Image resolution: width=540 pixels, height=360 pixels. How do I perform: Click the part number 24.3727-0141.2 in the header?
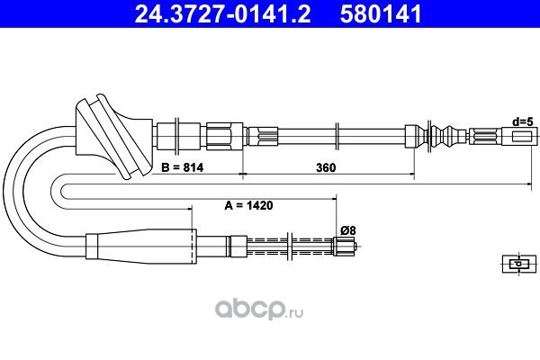click(222, 14)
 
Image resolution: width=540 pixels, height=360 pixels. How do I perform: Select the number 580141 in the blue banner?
click(381, 14)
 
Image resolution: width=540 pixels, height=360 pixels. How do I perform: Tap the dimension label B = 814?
click(182, 167)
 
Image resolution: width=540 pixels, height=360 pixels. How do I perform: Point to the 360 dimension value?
click(326, 167)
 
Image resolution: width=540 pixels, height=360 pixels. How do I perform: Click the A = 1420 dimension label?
click(248, 205)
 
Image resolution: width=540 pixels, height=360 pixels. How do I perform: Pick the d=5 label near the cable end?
click(523, 121)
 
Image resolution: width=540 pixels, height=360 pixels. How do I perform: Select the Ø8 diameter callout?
click(347, 230)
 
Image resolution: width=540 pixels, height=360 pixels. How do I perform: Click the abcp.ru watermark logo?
click(259, 309)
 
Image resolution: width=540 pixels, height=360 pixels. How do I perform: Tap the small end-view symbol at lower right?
click(519, 264)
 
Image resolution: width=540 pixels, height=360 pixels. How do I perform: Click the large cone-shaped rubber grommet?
click(113, 137)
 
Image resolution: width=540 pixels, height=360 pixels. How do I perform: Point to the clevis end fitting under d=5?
click(519, 137)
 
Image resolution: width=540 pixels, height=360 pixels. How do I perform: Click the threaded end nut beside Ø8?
click(344, 247)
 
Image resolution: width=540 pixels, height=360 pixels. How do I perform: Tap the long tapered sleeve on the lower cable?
click(141, 247)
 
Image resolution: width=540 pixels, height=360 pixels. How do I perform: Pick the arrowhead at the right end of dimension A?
click(333, 199)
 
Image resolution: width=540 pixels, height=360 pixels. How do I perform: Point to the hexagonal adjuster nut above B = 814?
click(224, 136)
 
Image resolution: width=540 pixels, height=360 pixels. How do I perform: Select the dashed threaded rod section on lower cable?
click(290, 247)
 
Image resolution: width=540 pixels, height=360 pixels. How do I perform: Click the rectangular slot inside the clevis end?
click(522, 137)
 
